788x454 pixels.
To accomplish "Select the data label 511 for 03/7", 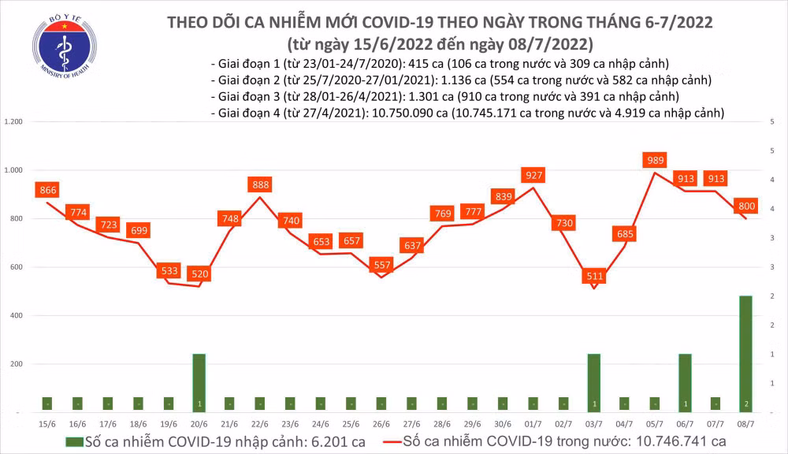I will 594,276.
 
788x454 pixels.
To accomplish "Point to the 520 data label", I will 199,274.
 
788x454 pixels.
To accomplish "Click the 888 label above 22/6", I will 259,184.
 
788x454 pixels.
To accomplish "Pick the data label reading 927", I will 533,175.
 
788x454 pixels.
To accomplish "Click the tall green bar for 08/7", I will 745,353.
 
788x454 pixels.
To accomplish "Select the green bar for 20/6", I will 199,382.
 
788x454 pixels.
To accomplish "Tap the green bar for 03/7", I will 594,382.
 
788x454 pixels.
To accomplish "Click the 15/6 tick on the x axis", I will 46,425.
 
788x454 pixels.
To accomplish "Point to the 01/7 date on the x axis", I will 533,425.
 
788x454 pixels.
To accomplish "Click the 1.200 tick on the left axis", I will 13,122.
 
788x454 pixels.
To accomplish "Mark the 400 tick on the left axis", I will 15,316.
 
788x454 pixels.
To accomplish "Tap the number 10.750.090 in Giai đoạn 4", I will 407,114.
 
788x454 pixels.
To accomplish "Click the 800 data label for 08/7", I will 746,206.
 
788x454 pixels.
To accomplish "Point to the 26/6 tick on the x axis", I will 381,425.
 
